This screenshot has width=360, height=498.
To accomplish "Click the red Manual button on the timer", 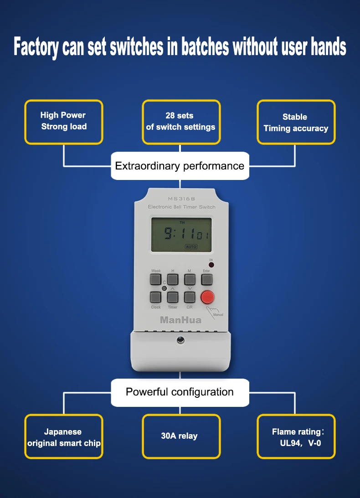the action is click(x=207, y=297).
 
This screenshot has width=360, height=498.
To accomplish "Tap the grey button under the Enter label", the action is click(x=207, y=279).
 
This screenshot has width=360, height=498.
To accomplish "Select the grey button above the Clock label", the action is click(x=155, y=297).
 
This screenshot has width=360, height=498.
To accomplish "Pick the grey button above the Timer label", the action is click(x=173, y=297).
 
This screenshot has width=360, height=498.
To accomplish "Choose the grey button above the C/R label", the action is click(x=190, y=297).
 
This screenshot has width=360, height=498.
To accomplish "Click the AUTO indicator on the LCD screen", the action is click(x=191, y=246).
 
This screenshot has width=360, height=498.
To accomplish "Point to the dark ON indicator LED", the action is click(x=211, y=265).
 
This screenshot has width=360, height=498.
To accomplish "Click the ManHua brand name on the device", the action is click(x=180, y=320).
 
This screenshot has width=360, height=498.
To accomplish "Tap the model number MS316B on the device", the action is click(x=181, y=199).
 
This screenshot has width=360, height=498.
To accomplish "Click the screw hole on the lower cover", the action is click(x=180, y=340).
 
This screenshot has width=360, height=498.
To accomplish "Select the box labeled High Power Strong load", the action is click(x=64, y=122).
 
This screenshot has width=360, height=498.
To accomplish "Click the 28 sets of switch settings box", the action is click(x=181, y=122).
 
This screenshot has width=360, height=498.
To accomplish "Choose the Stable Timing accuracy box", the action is click(x=296, y=122).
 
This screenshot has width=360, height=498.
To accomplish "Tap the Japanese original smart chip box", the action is click(x=64, y=436).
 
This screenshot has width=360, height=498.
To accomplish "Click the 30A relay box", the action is click(x=181, y=436).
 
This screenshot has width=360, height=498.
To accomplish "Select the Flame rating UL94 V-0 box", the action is click(x=296, y=436).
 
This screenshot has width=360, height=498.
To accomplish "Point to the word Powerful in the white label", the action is click(x=147, y=392).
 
